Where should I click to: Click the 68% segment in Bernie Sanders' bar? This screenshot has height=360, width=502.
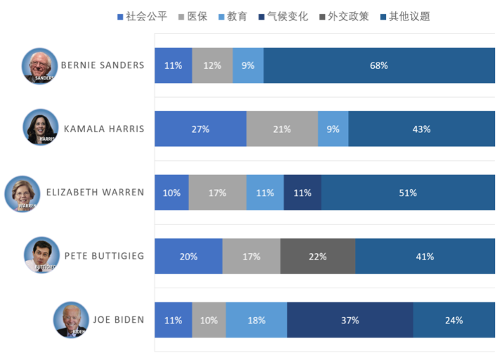[379, 65]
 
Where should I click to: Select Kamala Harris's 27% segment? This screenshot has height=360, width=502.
[200, 129]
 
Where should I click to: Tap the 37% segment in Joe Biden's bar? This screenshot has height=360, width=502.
[349, 320]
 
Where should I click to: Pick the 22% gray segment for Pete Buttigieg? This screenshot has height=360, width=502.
[318, 257]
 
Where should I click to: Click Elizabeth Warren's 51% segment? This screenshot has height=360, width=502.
[408, 193]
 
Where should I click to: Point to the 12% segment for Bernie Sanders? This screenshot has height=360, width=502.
[212, 65]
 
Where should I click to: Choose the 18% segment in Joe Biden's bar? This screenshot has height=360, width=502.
[257, 320]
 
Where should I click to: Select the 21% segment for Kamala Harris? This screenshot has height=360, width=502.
[282, 129]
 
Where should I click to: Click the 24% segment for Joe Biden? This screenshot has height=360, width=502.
[453, 320]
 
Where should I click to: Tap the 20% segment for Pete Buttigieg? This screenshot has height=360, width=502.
[188, 257]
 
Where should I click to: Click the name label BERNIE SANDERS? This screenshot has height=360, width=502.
[103, 65]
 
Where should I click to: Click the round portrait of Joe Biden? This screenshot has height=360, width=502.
[71, 320]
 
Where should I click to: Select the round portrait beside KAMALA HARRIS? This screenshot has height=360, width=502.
[39, 127]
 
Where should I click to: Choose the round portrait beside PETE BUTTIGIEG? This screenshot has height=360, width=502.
[41, 255]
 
